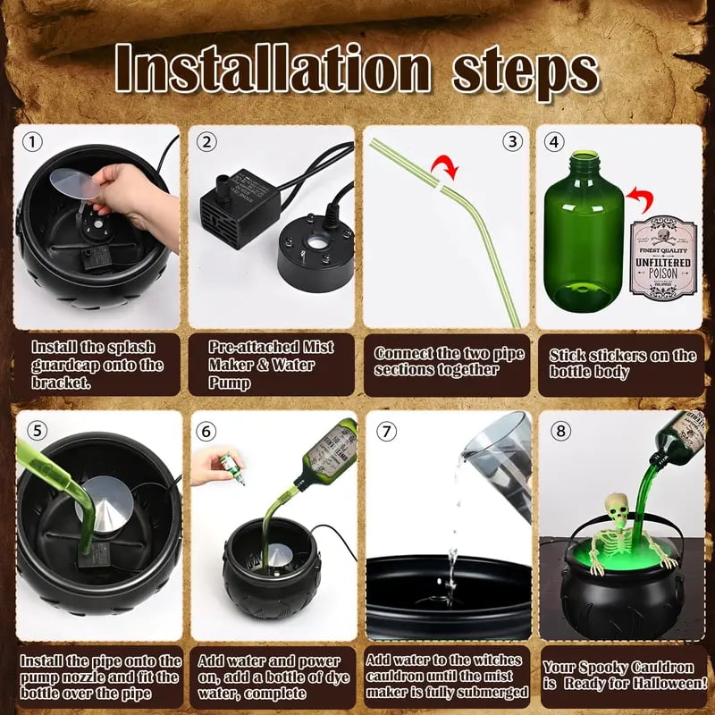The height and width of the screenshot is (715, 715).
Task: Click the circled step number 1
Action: (33, 142)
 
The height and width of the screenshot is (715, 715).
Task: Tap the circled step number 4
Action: (555, 141)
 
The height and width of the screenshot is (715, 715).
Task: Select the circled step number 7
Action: (386, 431)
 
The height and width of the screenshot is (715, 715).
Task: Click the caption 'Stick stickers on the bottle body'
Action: (621, 363)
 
